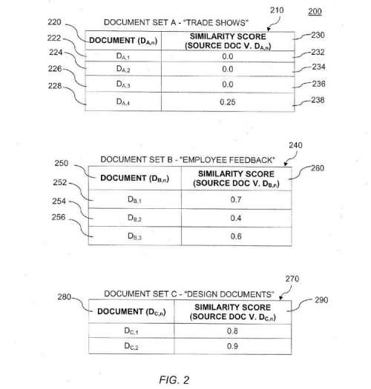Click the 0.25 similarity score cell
click(228, 102)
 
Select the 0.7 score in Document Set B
click(235, 199)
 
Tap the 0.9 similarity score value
click(232, 346)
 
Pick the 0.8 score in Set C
click(232, 331)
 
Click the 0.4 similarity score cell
click(235, 218)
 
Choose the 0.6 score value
click(236, 236)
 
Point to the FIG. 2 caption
click(174, 380)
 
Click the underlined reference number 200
click(315, 12)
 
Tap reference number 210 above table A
click(277, 10)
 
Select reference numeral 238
click(318, 100)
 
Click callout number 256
click(59, 217)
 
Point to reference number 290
click(321, 300)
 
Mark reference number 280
click(64, 296)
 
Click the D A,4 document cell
click(123, 102)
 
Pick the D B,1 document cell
click(134, 200)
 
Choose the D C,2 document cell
click(131, 346)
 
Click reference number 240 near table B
click(295, 145)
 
